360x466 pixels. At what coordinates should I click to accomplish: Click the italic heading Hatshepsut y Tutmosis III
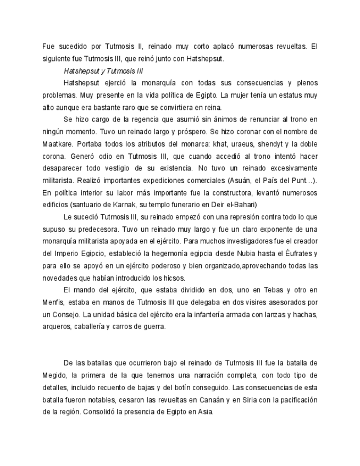coord(103,71)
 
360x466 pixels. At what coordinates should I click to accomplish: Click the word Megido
coord(55,375)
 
